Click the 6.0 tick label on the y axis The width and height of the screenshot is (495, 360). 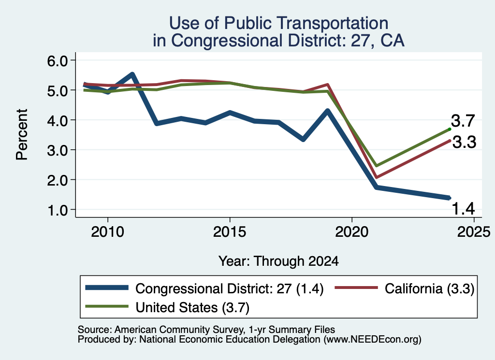pyautogui.click(x=58, y=60)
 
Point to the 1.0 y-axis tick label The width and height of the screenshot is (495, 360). pyautogui.click(x=58, y=210)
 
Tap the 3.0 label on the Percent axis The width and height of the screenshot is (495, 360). pyautogui.click(x=58, y=150)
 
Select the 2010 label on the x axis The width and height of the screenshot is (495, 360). pyautogui.click(x=108, y=232)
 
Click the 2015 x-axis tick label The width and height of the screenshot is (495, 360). pyautogui.click(x=230, y=232)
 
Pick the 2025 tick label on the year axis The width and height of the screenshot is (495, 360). pyautogui.click(x=474, y=232)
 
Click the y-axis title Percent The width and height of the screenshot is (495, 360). pyautogui.click(x=22, y=135)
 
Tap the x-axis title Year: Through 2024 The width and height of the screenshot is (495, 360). pyautogui.click(x=279, y=261)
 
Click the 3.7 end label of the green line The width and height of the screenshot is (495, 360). pyautogui.click(x=463, y=121)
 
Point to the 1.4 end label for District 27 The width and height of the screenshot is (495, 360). pyautogui.click(x=464, y=209)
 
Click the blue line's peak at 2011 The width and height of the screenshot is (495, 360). pyautogui.click(x=132, y=75)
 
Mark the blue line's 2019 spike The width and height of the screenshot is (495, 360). pyautogui.click(x=327, y=111)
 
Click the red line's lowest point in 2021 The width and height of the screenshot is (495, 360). pyautogui.click(x=376, y=177)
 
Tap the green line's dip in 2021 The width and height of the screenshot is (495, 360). pyautogui.click(x=376, y=166)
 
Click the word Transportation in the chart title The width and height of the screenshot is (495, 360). pyautogui.click(x=333, y=23)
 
